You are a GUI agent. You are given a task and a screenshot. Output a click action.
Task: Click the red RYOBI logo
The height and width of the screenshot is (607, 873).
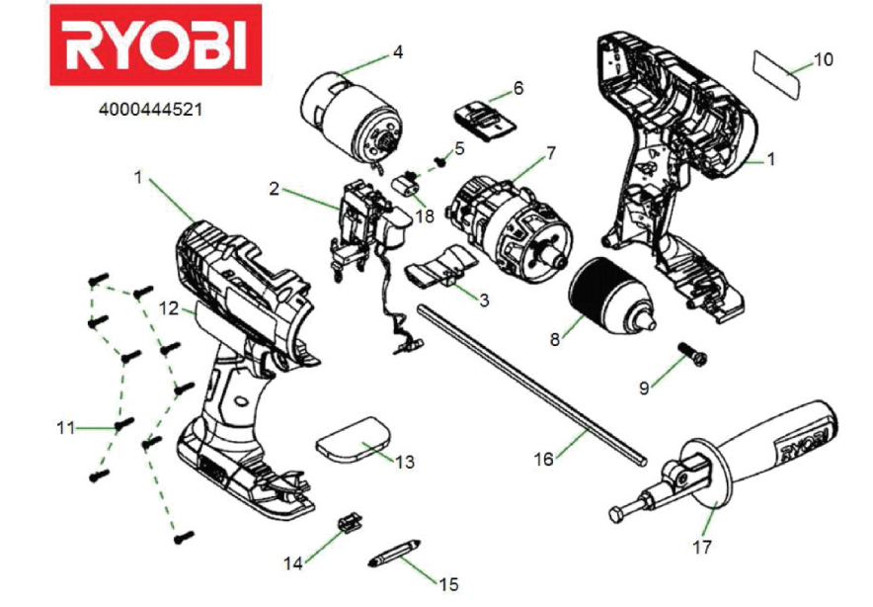coord(156,45)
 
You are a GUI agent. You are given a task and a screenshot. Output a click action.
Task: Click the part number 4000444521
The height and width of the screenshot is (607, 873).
coord(150,110)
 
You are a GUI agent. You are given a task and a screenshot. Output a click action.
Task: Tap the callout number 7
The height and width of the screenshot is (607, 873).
coord(550,152)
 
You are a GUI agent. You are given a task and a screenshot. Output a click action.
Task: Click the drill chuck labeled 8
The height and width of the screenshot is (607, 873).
coord(609,295)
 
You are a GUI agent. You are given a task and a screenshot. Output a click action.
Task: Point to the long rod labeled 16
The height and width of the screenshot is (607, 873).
coord(533,385)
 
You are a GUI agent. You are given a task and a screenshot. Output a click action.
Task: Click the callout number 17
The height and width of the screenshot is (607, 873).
coord(702,547)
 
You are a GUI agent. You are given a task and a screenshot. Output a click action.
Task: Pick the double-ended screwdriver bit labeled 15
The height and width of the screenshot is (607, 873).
coord(394,553)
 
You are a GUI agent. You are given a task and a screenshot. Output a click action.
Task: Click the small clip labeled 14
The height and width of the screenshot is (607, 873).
coord(350,523)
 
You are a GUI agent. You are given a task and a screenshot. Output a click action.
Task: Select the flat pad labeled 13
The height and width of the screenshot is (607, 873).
coord(353,440)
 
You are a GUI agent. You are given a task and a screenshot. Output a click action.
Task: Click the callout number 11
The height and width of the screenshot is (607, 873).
coord(66,428)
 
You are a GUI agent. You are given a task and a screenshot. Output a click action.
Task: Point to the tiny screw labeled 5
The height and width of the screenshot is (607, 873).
coord(442,162)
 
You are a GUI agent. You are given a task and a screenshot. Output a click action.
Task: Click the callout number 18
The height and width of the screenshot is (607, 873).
coord(425,216)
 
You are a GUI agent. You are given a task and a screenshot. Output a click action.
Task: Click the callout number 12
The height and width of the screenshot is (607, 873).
coord(169,307)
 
